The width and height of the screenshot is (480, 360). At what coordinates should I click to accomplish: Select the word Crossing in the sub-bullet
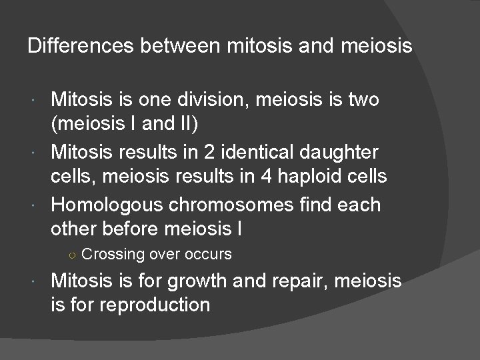click(113, 255)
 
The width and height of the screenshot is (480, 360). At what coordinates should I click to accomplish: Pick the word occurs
click(207, 255)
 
